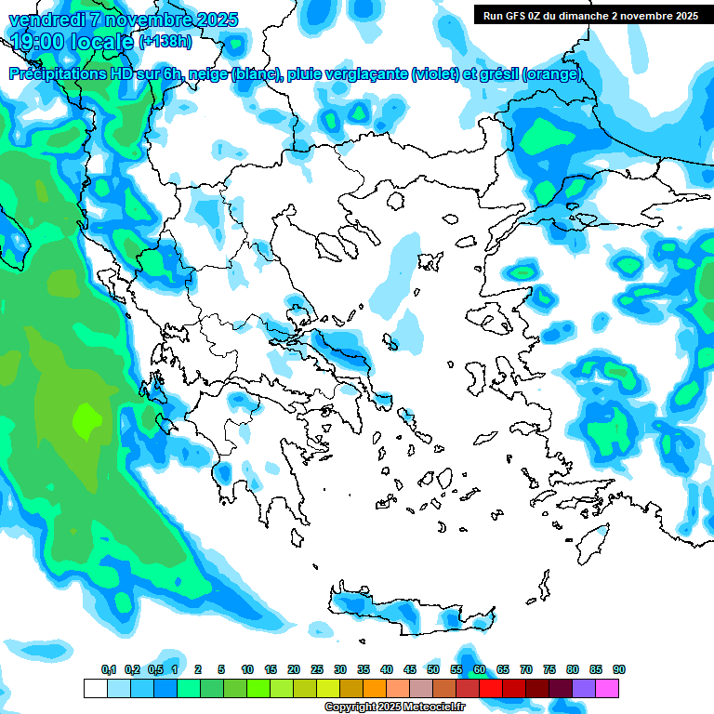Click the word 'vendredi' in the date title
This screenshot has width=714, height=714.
coord(42,20)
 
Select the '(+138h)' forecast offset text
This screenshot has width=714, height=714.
coord(165,42)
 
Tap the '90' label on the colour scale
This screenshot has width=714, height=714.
coord(618,669)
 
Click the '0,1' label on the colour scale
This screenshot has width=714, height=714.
coord(109,669)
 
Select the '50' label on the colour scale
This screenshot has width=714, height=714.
coord(433,669)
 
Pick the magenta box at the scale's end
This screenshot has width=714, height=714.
coord(607,688)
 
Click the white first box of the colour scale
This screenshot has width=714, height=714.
coord(95,688)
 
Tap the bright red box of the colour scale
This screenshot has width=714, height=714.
coord(491,688)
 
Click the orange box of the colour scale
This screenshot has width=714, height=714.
coord(375,688)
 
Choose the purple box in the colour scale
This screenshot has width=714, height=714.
coord(584,688)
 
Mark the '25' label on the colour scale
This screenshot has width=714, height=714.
coord(317,669)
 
